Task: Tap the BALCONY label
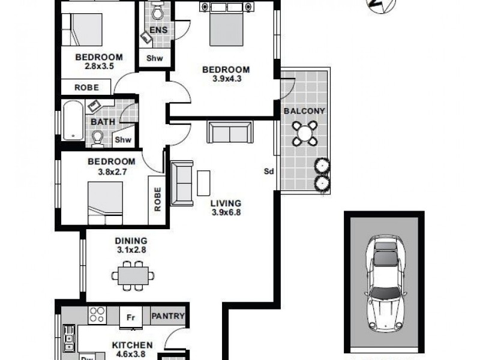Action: (304, 111)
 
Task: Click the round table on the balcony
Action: (305, 133)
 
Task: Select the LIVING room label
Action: (226, 203)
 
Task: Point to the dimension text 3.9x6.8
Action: (226, 212)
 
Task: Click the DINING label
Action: (131, 241)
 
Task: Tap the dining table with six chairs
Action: (132, 275)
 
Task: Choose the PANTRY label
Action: (167, 316)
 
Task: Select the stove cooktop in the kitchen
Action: (97, 315)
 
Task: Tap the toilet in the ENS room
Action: (157, 11)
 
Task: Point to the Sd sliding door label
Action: (269, 172)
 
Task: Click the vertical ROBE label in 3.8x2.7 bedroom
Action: (157, 200)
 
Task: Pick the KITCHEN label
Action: (131, 346)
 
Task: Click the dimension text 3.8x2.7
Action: (112, 170)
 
